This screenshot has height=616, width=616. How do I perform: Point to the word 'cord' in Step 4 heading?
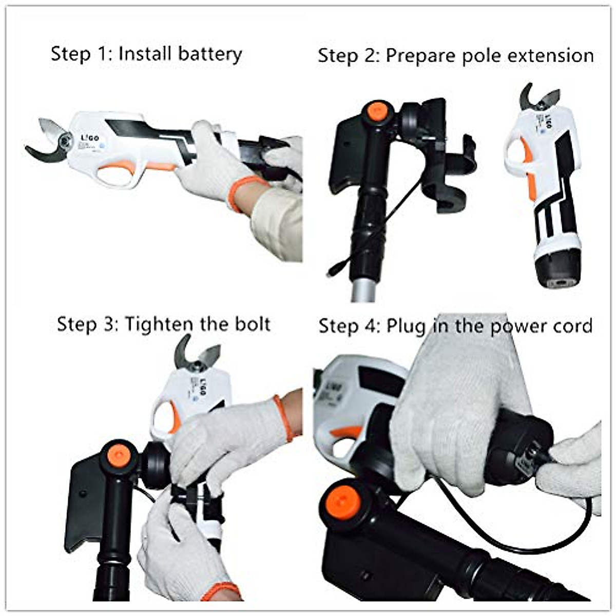(573, 326)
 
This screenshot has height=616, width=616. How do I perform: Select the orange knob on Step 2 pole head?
(377, 111)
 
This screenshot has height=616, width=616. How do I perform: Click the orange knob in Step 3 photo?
(119, 454)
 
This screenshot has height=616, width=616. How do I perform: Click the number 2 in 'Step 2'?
(370, 55)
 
